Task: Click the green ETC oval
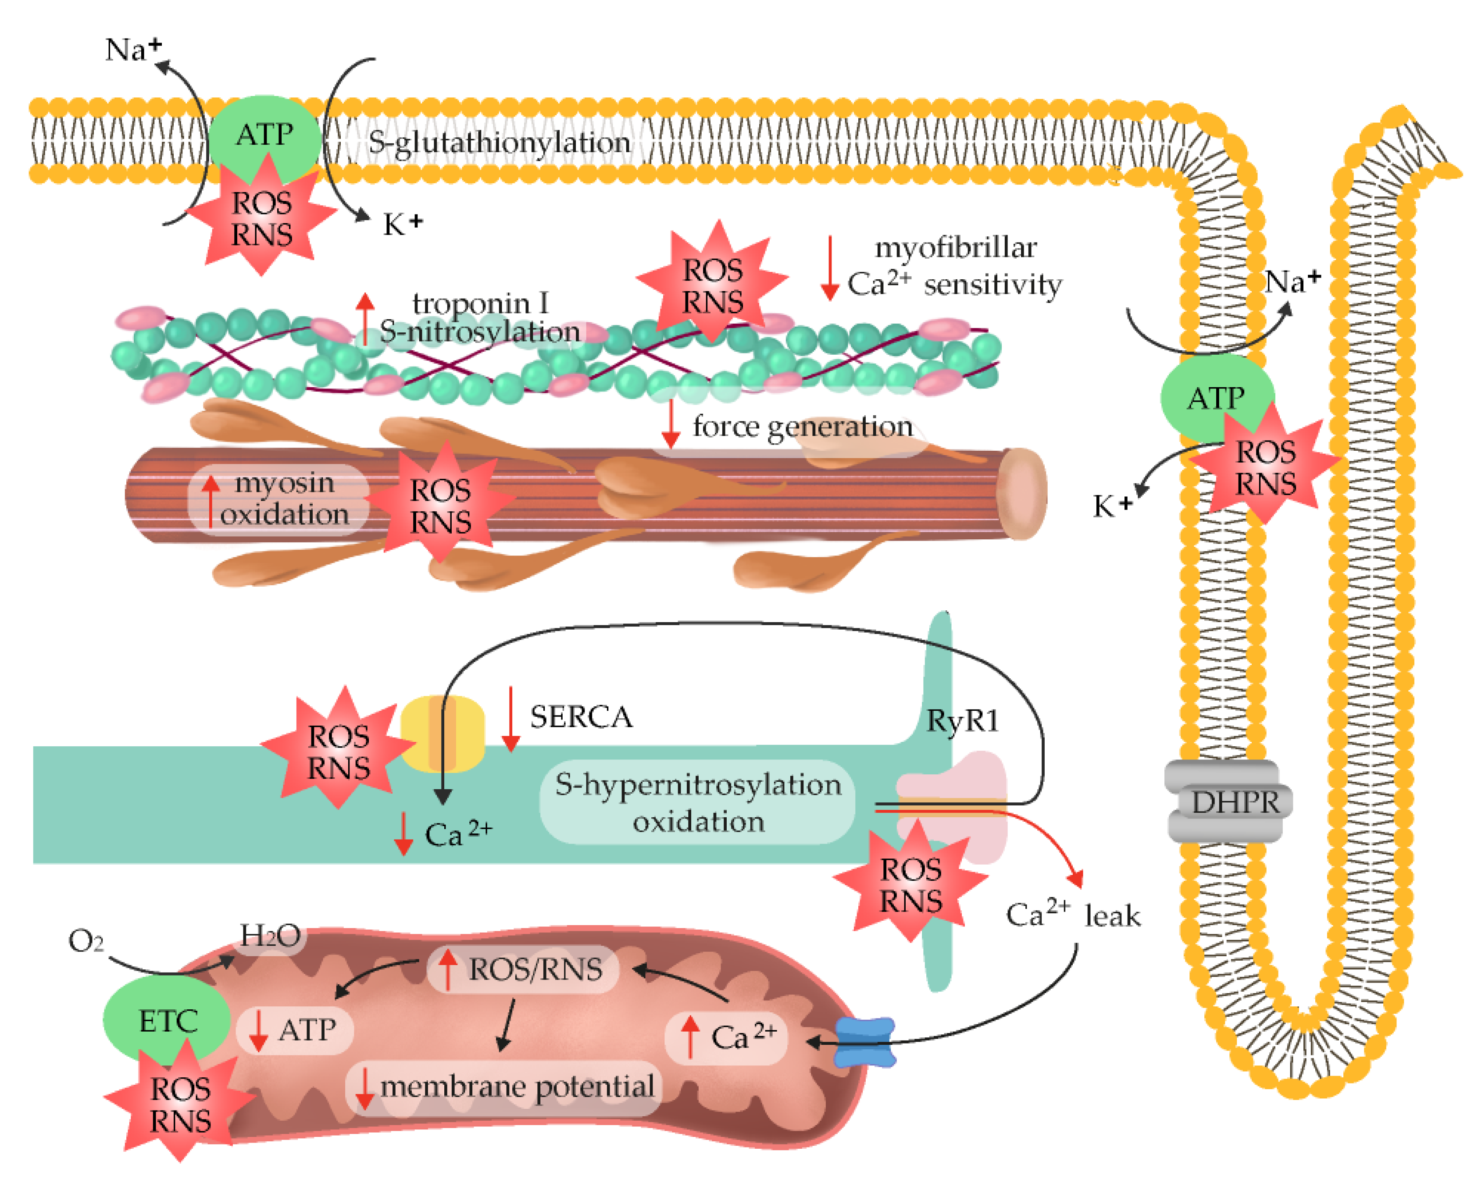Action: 167,1020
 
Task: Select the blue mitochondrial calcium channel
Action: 865,1042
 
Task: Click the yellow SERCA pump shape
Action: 442,734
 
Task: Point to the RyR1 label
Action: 963,720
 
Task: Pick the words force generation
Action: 802,426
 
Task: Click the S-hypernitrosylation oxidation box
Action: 697,802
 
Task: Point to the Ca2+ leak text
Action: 1073,915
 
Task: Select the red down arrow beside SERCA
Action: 511,720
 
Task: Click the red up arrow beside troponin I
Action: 365,319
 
